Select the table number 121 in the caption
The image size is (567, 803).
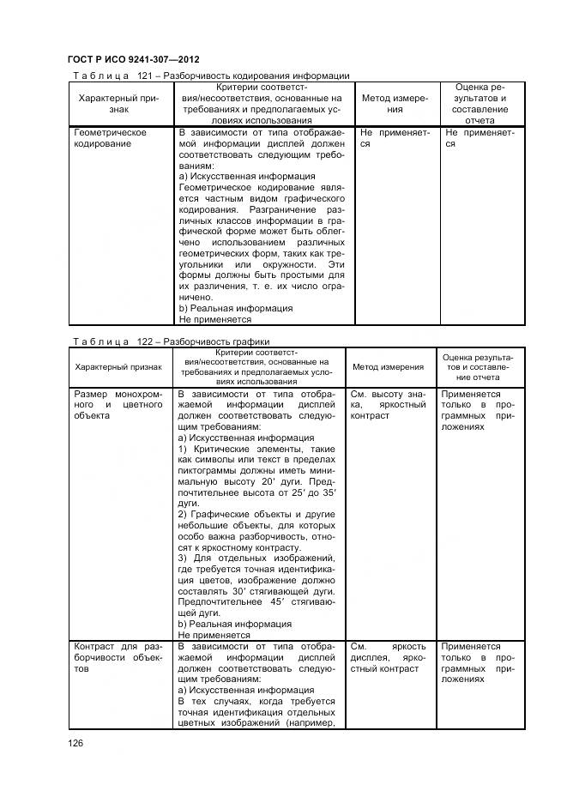(142, 76)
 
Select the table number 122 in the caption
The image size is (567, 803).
(142, 341)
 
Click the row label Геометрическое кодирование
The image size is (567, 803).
(111, 138)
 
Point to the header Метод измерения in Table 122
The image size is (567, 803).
(388, 366)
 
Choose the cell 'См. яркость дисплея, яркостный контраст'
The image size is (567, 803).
(388, 655)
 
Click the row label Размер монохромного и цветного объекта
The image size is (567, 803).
(118, 405)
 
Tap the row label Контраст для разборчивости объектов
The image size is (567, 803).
(118, 655)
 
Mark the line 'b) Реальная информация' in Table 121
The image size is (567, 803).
(235, 308)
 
